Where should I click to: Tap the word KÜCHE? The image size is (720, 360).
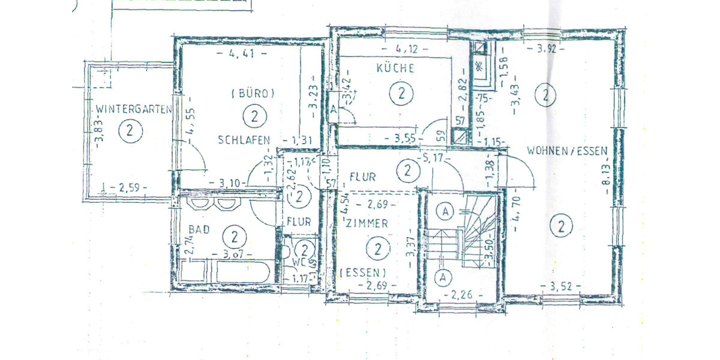(395, 68)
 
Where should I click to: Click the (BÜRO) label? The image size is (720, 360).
(253, 94)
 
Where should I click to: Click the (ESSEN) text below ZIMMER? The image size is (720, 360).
(362, 272)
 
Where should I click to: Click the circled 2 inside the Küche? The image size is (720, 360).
(401, 93)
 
